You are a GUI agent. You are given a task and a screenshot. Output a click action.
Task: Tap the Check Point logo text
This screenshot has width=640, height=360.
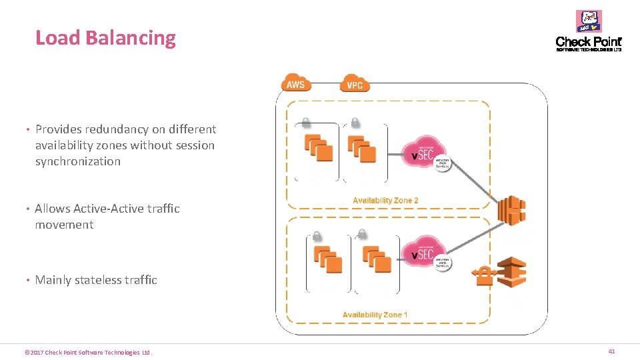[x=588, y=42]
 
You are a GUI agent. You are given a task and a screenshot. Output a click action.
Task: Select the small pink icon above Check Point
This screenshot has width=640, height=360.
[x=589, y=21]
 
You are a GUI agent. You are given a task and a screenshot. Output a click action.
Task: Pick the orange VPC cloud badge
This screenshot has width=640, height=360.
[x=355, y=85]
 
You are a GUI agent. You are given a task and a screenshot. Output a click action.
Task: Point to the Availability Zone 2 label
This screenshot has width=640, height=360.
[x=385, y=200]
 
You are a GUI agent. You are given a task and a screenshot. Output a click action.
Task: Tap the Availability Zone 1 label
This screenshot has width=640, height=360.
[x=375, y=315]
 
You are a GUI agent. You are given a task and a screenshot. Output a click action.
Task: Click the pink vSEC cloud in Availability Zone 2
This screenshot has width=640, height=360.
[x=424, y=153]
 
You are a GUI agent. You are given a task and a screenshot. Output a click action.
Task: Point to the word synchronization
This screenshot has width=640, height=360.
[x=78, y=161]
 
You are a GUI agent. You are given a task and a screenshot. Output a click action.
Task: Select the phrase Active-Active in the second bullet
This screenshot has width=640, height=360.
[x=105, y=209]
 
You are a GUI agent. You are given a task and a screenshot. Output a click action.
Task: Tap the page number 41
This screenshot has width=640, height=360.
[x=611, y=351]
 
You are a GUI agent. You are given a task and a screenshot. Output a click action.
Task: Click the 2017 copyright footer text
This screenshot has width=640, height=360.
[x=87, y=352]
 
